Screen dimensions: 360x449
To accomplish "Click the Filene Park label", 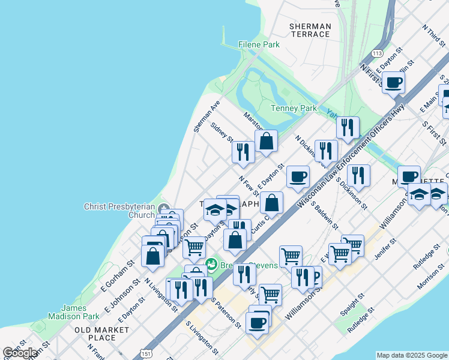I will tap(259, 44).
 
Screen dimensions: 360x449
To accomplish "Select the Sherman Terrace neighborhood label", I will tap(310, 30).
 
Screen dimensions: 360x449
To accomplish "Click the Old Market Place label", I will tap(101, 334).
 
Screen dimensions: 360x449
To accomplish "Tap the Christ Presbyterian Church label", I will tap(119, 211).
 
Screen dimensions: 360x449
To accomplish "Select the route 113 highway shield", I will tap(378, 53).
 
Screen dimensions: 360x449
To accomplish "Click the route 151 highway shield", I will tap(145, 349).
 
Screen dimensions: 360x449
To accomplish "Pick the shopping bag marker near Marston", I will tap(266, 142).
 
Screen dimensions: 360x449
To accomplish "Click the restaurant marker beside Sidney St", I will tap(243, 152).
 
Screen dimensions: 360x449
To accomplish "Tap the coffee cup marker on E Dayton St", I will tap(298, 176).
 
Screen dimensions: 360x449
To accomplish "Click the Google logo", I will tap(19, 353).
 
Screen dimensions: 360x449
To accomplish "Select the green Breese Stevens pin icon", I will tap(211, 264).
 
